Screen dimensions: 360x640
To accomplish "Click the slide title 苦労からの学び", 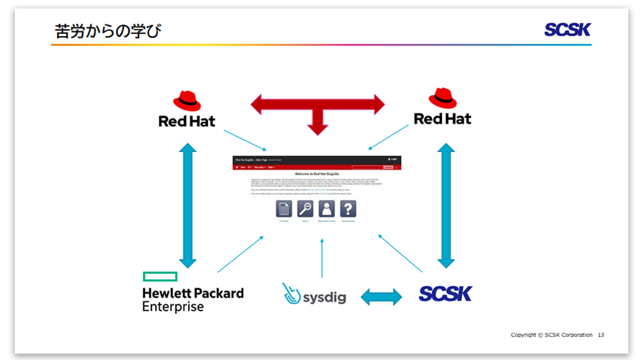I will point(108,31).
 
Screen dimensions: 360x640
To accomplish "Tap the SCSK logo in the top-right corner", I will point(567,30).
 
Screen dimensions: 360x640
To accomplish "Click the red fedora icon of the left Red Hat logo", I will point(187,101).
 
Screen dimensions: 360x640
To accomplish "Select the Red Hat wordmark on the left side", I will point(187,122).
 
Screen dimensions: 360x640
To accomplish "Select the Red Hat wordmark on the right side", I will point(442,119).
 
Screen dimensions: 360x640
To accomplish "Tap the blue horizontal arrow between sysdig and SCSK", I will point(382,297).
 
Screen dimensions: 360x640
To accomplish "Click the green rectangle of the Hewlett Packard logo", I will point(159,277).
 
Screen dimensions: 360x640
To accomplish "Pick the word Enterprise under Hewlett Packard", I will point(173,307).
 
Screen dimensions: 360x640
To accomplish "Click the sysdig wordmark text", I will point(324,297).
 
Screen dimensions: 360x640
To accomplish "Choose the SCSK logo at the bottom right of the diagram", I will point(445,294).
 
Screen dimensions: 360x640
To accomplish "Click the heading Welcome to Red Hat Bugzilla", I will point(317,174).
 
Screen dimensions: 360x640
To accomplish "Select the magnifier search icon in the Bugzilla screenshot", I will point(305,209).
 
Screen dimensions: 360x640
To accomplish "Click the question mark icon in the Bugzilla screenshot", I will point(348,209).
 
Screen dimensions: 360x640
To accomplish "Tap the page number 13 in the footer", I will point(601,335).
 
